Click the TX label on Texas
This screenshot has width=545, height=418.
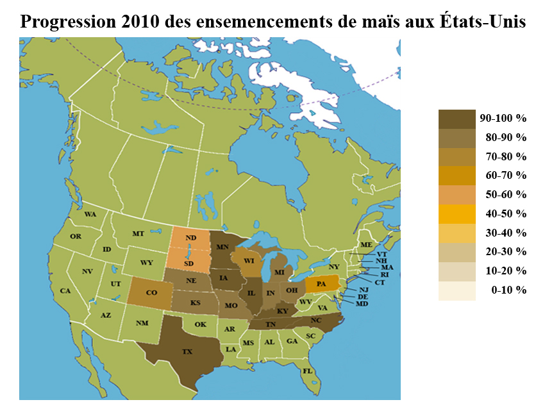tap(187, 352)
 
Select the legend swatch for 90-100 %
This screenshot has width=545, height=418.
tap(457, 119)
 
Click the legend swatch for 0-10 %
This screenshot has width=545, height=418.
tap(457, 290)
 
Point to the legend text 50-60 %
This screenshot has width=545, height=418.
tap(505, 194)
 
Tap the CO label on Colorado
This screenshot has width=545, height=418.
tap(151, 292)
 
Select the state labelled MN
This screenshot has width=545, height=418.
tap(223, 247)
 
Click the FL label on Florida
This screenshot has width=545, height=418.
tap(307, 371)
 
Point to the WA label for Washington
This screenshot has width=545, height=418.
tap(90, 214)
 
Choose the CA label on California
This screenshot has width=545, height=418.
tap(65, 291)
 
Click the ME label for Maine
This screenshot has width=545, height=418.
tap(367, 245)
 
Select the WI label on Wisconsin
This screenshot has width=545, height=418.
tap(249, 262)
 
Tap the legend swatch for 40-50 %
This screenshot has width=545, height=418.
tap(457, 213)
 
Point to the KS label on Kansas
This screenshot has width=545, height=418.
tap(194, 302)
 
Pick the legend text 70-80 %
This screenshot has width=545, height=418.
tap(505, 156)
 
